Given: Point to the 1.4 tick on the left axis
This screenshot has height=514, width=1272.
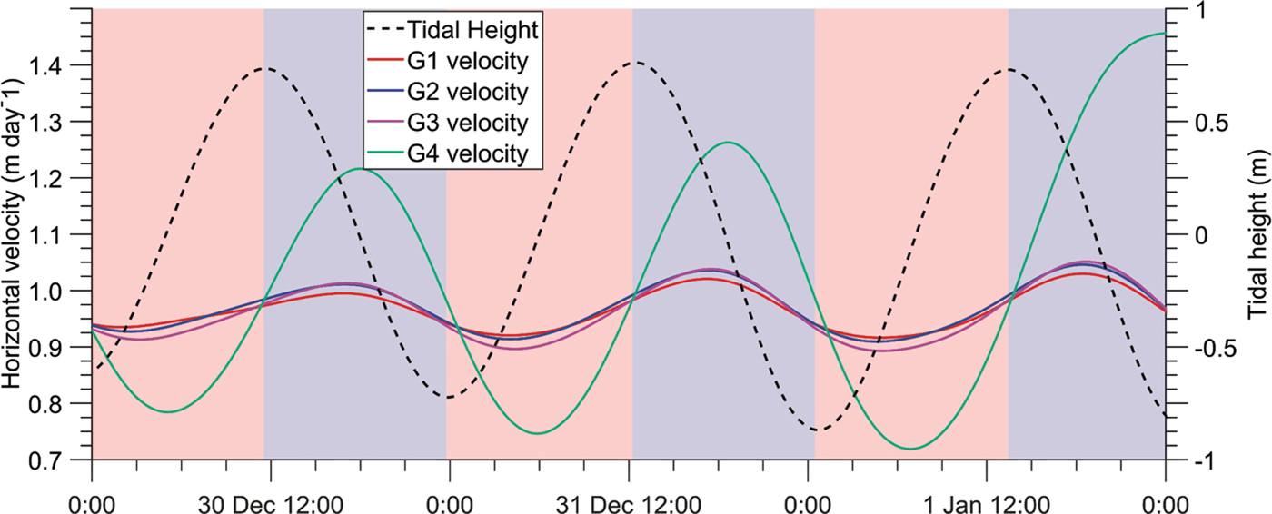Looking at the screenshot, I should click(x=55, y=65).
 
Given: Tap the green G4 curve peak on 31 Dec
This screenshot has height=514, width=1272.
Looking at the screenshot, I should click(x=727, y=142).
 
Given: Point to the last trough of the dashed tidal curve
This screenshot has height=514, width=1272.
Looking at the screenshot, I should click(x=815, y=430).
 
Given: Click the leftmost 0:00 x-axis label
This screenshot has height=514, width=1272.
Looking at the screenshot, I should click(x=93, y=501).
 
